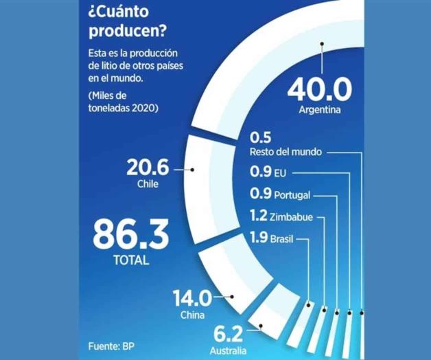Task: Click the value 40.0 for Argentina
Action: click(x=320, y=89)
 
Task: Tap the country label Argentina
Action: click(x=320, y=110)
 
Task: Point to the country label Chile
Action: click(x=148, y=184)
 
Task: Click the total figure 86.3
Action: click(x=130, y=235)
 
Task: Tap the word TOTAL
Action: click(x=130, y=261)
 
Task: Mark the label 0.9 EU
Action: click(x=267, y=173)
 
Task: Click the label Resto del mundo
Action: click(x=283, y=151)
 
